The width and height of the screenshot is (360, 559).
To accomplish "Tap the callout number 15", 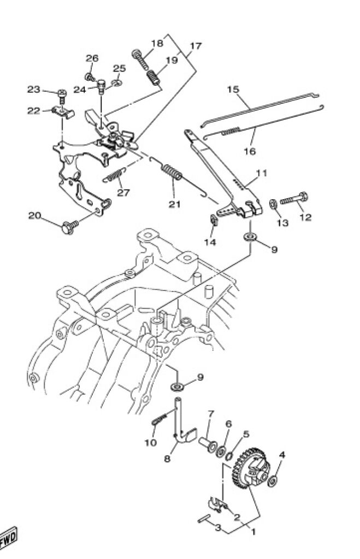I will [x=234, y=89].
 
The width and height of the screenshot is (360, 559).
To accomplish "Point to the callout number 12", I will [x=305, y=217].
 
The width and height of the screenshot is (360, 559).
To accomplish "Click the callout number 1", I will [x=252, y=528].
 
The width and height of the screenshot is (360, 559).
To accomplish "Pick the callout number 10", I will [x=150, y=442].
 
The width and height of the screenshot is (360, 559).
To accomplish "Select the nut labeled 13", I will [x=273, y=204].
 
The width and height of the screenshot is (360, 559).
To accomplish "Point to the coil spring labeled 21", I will [x=173, y=174].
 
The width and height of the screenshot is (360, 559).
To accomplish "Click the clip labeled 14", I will [x=215, y=222].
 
